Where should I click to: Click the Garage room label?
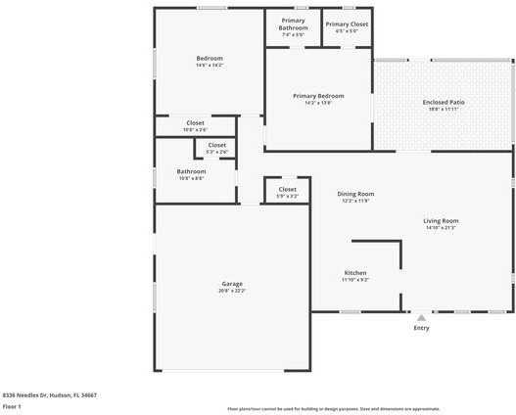click(x=232, y=284)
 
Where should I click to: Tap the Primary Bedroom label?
click(x=318, y=96)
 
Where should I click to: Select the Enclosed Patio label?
click(x=441, y=102)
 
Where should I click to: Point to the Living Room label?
click(x=441, y=220)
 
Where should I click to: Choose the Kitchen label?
click(x=355, y=272)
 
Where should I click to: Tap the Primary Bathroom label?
click(x=293, y=23)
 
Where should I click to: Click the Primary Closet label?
click(x=347, y=23)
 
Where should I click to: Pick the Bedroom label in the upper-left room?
click(x=210, y=59)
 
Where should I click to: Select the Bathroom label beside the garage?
click(x=191, y=171)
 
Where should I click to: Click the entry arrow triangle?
click(x=421, y=317)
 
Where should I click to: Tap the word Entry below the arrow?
click(x=421, y=328)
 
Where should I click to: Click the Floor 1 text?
click(x=12, y=405)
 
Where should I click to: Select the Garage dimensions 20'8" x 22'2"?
click(x=232, y=291)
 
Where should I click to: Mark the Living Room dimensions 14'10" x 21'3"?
click(x=441, y=228)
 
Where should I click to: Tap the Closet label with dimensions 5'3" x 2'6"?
click(x=216, y=145)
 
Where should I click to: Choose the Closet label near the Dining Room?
click(x=287, y=189)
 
